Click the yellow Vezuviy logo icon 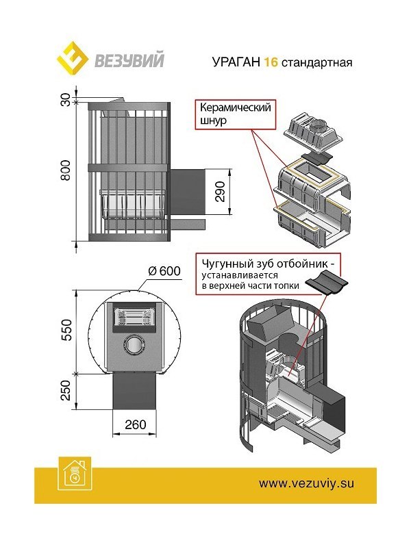pos(71,60)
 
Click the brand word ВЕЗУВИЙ pos(130,60)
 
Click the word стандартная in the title pos(317,61)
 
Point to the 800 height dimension pos(66,172)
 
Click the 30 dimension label pos(66,101)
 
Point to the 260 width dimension pos(136,424)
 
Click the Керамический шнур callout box pos(235,114)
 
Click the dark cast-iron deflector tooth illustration pos(327,282)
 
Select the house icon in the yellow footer pos(72,471)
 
